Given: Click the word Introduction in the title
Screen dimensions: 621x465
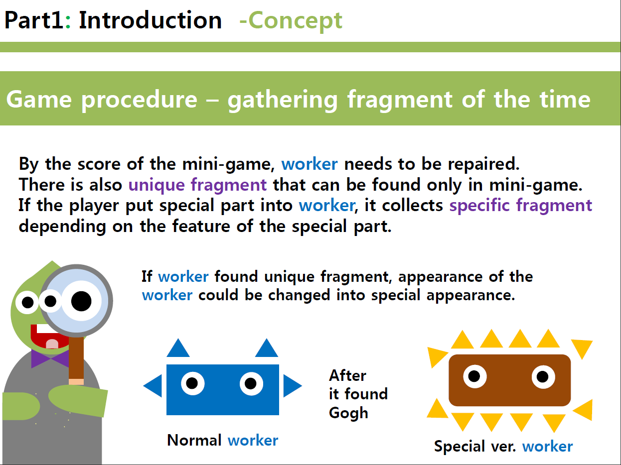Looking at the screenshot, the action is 150,20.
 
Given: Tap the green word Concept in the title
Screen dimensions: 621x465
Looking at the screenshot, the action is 295,21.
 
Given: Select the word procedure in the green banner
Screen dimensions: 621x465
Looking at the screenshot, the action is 139,100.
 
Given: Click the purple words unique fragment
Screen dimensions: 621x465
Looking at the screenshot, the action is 197,185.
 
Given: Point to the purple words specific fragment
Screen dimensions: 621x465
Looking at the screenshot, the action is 520,206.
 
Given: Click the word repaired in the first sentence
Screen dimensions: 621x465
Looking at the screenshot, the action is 484,164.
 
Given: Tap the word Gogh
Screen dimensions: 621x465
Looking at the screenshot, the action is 348,413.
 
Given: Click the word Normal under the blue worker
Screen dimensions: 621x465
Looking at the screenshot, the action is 194,440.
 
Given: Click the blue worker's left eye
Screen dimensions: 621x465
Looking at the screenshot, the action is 193,383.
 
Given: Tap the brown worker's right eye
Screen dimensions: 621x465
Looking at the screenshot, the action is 543,377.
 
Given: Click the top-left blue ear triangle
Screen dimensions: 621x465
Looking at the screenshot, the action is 178,348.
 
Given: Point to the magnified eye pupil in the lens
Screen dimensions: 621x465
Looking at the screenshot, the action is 81,301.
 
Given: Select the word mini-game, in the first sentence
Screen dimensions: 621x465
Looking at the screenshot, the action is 229,164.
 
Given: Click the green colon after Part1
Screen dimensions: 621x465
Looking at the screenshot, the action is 68,21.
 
